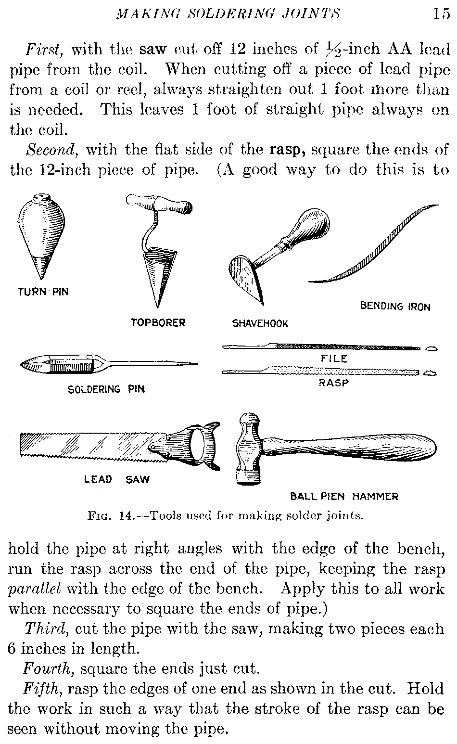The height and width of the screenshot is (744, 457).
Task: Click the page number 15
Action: point(442,14)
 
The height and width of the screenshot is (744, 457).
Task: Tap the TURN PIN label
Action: point(43,292)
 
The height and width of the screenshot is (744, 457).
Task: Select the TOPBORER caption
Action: point(158,322)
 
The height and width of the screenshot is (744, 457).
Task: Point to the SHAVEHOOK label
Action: point(260,323)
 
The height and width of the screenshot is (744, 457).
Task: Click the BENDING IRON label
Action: point(395,306)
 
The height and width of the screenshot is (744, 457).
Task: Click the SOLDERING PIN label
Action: point(106,389)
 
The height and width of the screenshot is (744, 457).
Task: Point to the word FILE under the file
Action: point(334,359)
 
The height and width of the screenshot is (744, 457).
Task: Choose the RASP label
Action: point(334,383)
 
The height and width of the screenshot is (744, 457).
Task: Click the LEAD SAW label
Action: point(117,479)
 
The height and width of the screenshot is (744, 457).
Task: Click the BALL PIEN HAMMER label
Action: point(344,497)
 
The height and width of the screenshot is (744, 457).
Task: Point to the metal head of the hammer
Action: point(248,449)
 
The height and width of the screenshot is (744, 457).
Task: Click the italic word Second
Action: point(51,150)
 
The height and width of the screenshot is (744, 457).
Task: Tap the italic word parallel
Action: point(35,589)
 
